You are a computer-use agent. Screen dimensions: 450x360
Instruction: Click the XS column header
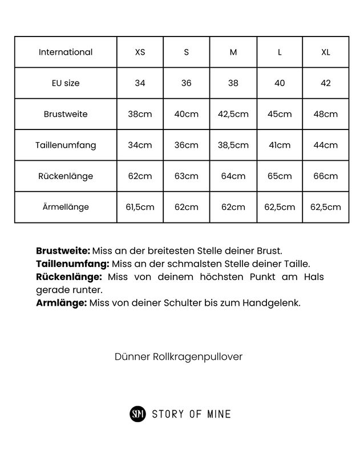click(x=140, y=52)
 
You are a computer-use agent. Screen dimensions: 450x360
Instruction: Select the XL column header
click(x=326, y=52)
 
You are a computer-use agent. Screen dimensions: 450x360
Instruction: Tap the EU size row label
click(x=66, y=83)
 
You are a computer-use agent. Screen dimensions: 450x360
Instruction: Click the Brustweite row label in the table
click(x=66, y=114)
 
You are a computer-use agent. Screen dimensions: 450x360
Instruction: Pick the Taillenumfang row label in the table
click(x=66, y=145)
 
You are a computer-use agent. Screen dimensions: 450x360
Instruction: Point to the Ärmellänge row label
click(x=66, y=207)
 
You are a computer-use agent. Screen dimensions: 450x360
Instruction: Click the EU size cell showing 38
click(x=233, y=83)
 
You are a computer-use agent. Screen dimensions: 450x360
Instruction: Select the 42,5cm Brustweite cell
click(x=233, y=114)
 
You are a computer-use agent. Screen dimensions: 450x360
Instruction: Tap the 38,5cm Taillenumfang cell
click(x=233, y=145)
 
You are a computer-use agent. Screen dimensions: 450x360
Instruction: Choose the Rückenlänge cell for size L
click(x=280, y=176)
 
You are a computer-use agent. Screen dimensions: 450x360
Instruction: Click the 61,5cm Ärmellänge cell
click(x=140, y=207)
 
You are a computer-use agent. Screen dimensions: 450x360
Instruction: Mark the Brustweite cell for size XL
click(x=326, y=114)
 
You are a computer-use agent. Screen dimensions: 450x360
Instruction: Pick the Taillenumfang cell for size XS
click(x=140, y=145)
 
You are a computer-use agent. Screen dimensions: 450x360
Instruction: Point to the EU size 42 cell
click(x=326, y=83)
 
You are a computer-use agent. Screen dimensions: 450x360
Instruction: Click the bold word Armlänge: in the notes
click(x=62, y=303)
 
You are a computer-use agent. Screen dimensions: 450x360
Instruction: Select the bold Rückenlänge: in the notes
click(x=69, y=277)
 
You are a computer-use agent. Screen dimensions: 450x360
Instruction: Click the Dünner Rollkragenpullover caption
click(x=179, y=356)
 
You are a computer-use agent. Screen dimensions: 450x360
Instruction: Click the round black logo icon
click(x=138, y=414)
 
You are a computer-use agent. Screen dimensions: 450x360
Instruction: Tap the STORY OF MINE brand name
click(x=191, y=414)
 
